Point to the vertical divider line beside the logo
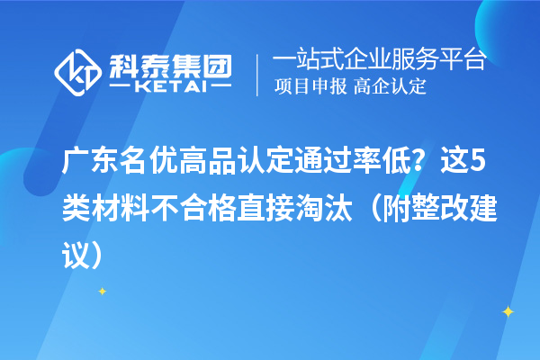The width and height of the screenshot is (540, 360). click(x=259, y=74)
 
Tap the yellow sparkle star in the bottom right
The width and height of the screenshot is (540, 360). click(x=508, y=311)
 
